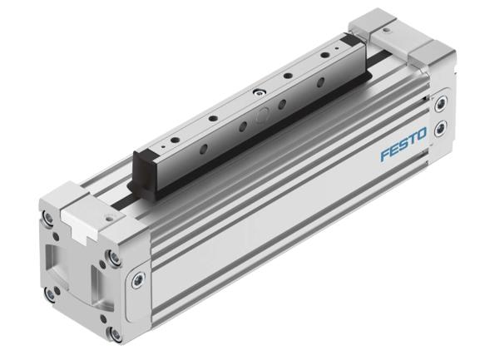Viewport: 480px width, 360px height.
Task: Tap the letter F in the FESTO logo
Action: click(385, 156)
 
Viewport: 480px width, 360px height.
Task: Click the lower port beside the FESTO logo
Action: click(440, 126)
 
